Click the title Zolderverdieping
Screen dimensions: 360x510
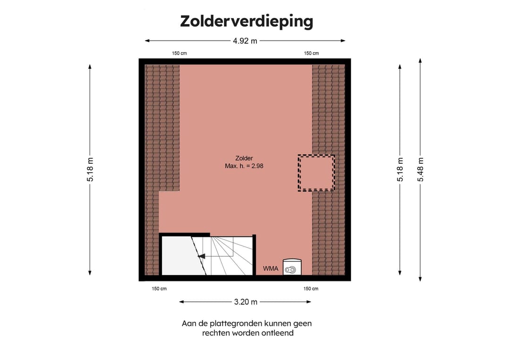(246, 21)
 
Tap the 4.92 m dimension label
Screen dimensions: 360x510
(245, 41)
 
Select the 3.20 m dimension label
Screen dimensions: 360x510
(245, 302)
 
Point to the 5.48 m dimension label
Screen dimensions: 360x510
(420, 169)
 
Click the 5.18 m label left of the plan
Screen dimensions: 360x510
(90, 169)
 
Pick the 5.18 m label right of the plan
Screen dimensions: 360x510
(400, 169)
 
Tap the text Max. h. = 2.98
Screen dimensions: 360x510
(245, 166)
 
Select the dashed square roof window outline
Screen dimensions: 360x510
(316, 173)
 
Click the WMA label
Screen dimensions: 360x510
(271, 269)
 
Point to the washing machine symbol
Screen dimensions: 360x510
(292, 268)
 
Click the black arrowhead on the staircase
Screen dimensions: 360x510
(201, 256)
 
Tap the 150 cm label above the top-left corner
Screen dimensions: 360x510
(179, 53)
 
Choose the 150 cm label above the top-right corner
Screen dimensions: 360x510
(311, 53)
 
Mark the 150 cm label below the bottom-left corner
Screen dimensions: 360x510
(159, 289)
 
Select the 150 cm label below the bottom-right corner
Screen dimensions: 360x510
(311, 289)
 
